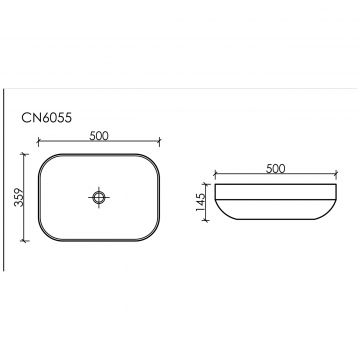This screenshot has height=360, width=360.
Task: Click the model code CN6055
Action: [x=47, y=118]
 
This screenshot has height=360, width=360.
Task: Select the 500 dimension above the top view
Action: [x=99, y=136]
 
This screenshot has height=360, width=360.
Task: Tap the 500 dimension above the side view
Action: [x=276, y=169]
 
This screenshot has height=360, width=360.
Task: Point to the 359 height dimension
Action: [x=19, y=197]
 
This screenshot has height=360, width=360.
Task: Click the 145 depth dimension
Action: [x=201, y=202]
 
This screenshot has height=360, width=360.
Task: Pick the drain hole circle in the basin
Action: [x=99, y=197]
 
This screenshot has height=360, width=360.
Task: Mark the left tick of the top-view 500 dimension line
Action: [x=38, y=142]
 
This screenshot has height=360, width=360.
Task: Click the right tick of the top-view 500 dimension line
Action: [x=159, y=142]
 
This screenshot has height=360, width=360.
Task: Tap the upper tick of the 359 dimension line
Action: [x=24, y=154]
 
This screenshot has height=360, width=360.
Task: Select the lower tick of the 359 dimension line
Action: [x=24, y=240]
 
